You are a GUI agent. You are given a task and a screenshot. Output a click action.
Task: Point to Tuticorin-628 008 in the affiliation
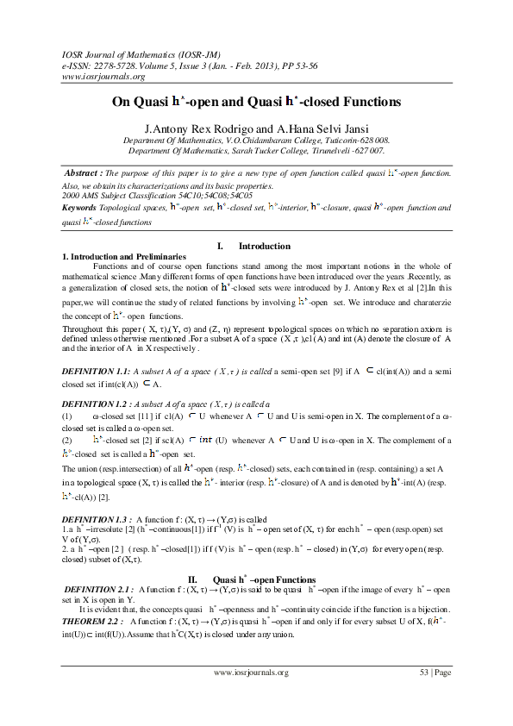[351, 139]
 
